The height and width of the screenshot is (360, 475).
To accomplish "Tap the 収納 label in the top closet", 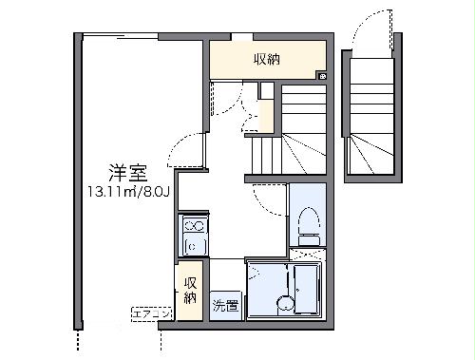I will pos(266,59).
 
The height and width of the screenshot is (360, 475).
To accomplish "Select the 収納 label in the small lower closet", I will pos(190,290).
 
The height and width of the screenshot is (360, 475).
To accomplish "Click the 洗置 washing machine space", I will pos(225,307).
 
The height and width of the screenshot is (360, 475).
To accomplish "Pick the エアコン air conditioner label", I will pos(150,313).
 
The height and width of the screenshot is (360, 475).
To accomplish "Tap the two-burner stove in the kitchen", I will pos(193,227).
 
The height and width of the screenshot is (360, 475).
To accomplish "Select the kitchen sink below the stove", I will pos(193,247).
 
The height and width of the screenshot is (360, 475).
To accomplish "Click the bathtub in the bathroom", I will pos(306,290).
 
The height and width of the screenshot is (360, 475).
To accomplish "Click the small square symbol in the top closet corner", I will pos(322,76).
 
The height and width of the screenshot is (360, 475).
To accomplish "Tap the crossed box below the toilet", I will pos(307,254).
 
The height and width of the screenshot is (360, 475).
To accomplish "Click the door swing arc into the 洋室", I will pos(190,149).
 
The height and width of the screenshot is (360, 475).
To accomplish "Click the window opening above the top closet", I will pos(242,38).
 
